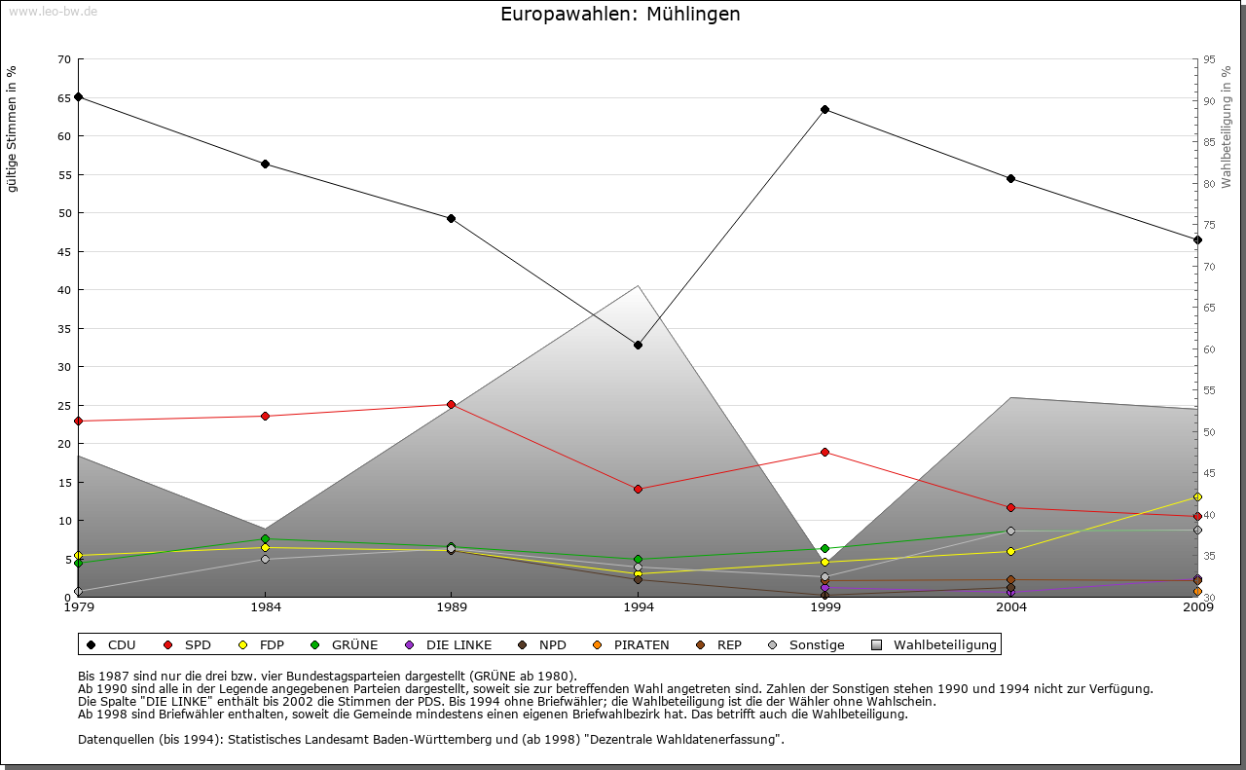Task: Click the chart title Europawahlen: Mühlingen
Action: [x=620, y=15]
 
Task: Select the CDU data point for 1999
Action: [x=825, y=109]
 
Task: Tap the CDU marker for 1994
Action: [x=638, y=345]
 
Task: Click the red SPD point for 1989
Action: [x=451, y=404]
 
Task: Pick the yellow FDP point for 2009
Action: [x=1197, y=496]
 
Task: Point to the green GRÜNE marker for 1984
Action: [x=265, y=538]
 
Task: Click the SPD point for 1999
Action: [x=825, y=452]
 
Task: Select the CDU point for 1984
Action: [x=265, y=164]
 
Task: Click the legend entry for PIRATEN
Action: [x=641, y=644]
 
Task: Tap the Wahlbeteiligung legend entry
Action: [x=944, y=644]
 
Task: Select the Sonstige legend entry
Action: [x=816, y=644]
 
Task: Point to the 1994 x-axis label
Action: [x=639, y=607]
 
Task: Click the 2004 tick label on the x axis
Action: [x=1011, y=607]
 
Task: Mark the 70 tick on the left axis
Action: [x=64, y=59]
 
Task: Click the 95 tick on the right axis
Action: [x=1209, y=59]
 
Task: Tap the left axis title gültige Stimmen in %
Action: [x=13, y=128]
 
